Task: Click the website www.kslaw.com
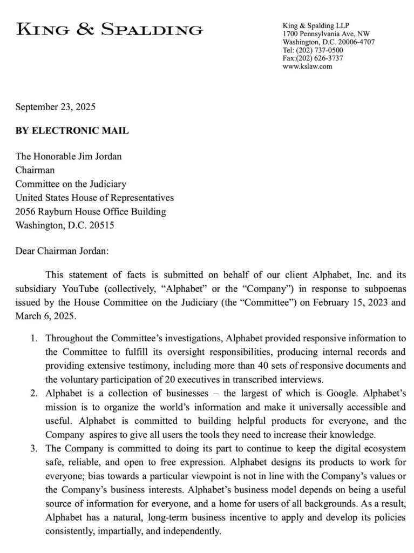[x=307, y=66]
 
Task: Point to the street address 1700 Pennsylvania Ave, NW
[x=326, y=34]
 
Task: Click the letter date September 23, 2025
[x=55, y=106]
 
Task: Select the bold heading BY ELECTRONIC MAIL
[x=72, y=131]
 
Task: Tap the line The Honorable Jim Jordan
[x=68, y=157]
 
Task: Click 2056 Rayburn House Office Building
[x=90, y=211]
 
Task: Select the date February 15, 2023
[x=340, y=302]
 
